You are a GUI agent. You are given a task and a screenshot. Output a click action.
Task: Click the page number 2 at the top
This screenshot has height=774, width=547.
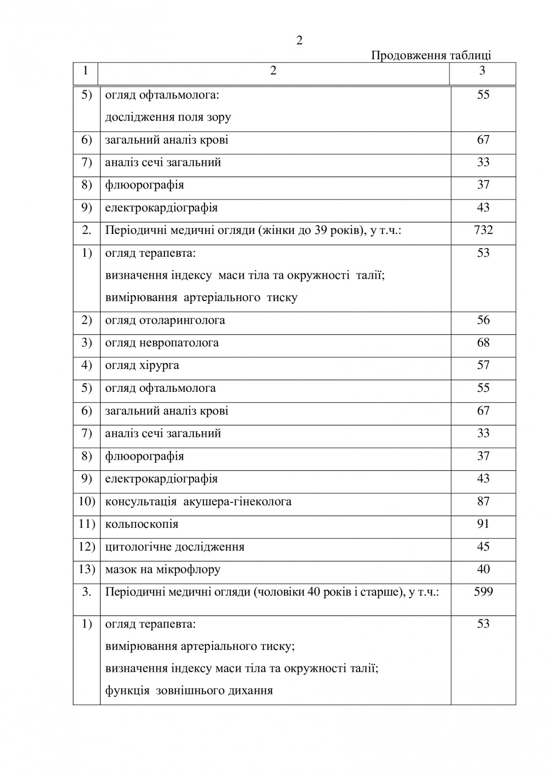click(299, 41)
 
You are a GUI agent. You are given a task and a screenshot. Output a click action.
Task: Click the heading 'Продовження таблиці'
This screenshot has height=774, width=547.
click(431, 56)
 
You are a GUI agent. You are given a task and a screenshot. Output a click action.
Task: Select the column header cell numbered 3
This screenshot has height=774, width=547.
click(482, 71)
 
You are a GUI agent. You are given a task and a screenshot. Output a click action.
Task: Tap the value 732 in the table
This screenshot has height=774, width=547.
click(483, 229)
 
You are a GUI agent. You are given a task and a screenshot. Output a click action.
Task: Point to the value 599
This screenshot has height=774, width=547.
click(483, 592)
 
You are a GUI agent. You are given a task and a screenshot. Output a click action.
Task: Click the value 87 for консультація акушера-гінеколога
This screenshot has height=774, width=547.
click(483, 501)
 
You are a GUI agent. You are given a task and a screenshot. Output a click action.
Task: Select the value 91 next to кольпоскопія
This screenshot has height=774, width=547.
click(483, 524)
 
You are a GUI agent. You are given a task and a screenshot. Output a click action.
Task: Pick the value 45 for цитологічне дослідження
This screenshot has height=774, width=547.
click(483, 546)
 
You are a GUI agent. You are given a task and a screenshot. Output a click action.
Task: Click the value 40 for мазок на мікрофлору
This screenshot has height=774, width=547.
click(483, 569)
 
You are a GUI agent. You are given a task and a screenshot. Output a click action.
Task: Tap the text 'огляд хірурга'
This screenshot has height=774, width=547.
click(142, 365)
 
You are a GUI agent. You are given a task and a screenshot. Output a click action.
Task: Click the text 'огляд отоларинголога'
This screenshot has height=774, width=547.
click(165, 320)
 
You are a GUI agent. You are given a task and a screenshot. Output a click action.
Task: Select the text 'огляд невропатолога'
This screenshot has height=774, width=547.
click(162, 343)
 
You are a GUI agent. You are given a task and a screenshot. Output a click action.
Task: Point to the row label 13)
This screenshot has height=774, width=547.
click(87, 569)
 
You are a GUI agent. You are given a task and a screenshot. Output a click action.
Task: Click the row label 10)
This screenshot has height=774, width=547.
click(87, 501)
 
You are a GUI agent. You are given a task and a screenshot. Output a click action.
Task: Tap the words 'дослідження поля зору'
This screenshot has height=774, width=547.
click(168, 117)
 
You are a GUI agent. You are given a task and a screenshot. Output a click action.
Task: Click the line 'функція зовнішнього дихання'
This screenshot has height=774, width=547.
click(189, 691)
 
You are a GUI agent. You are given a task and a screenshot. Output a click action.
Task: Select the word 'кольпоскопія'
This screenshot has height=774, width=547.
click(142, 524)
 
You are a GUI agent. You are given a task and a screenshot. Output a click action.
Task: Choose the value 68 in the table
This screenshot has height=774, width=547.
click(483, 343)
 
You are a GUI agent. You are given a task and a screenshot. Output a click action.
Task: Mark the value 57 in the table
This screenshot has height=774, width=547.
click(483, 365)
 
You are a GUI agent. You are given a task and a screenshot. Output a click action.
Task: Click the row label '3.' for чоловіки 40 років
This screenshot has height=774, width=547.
click(87, 592)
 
